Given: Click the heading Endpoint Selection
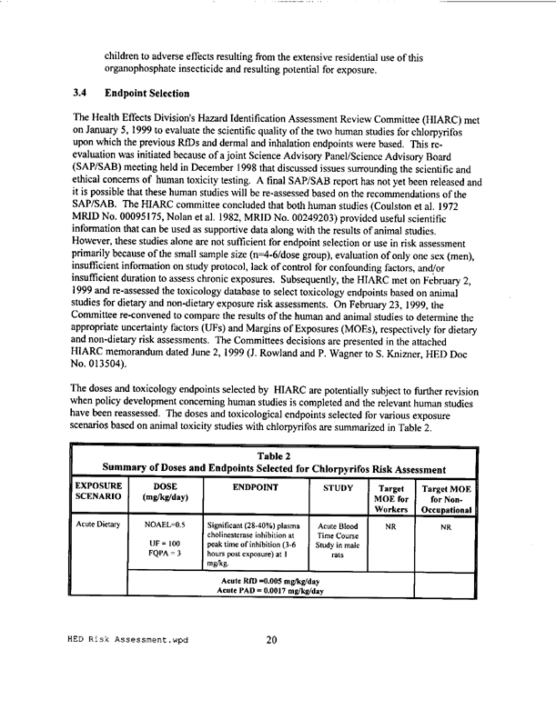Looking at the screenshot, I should pos(152,93).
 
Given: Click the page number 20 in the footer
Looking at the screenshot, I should pos(271,690).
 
